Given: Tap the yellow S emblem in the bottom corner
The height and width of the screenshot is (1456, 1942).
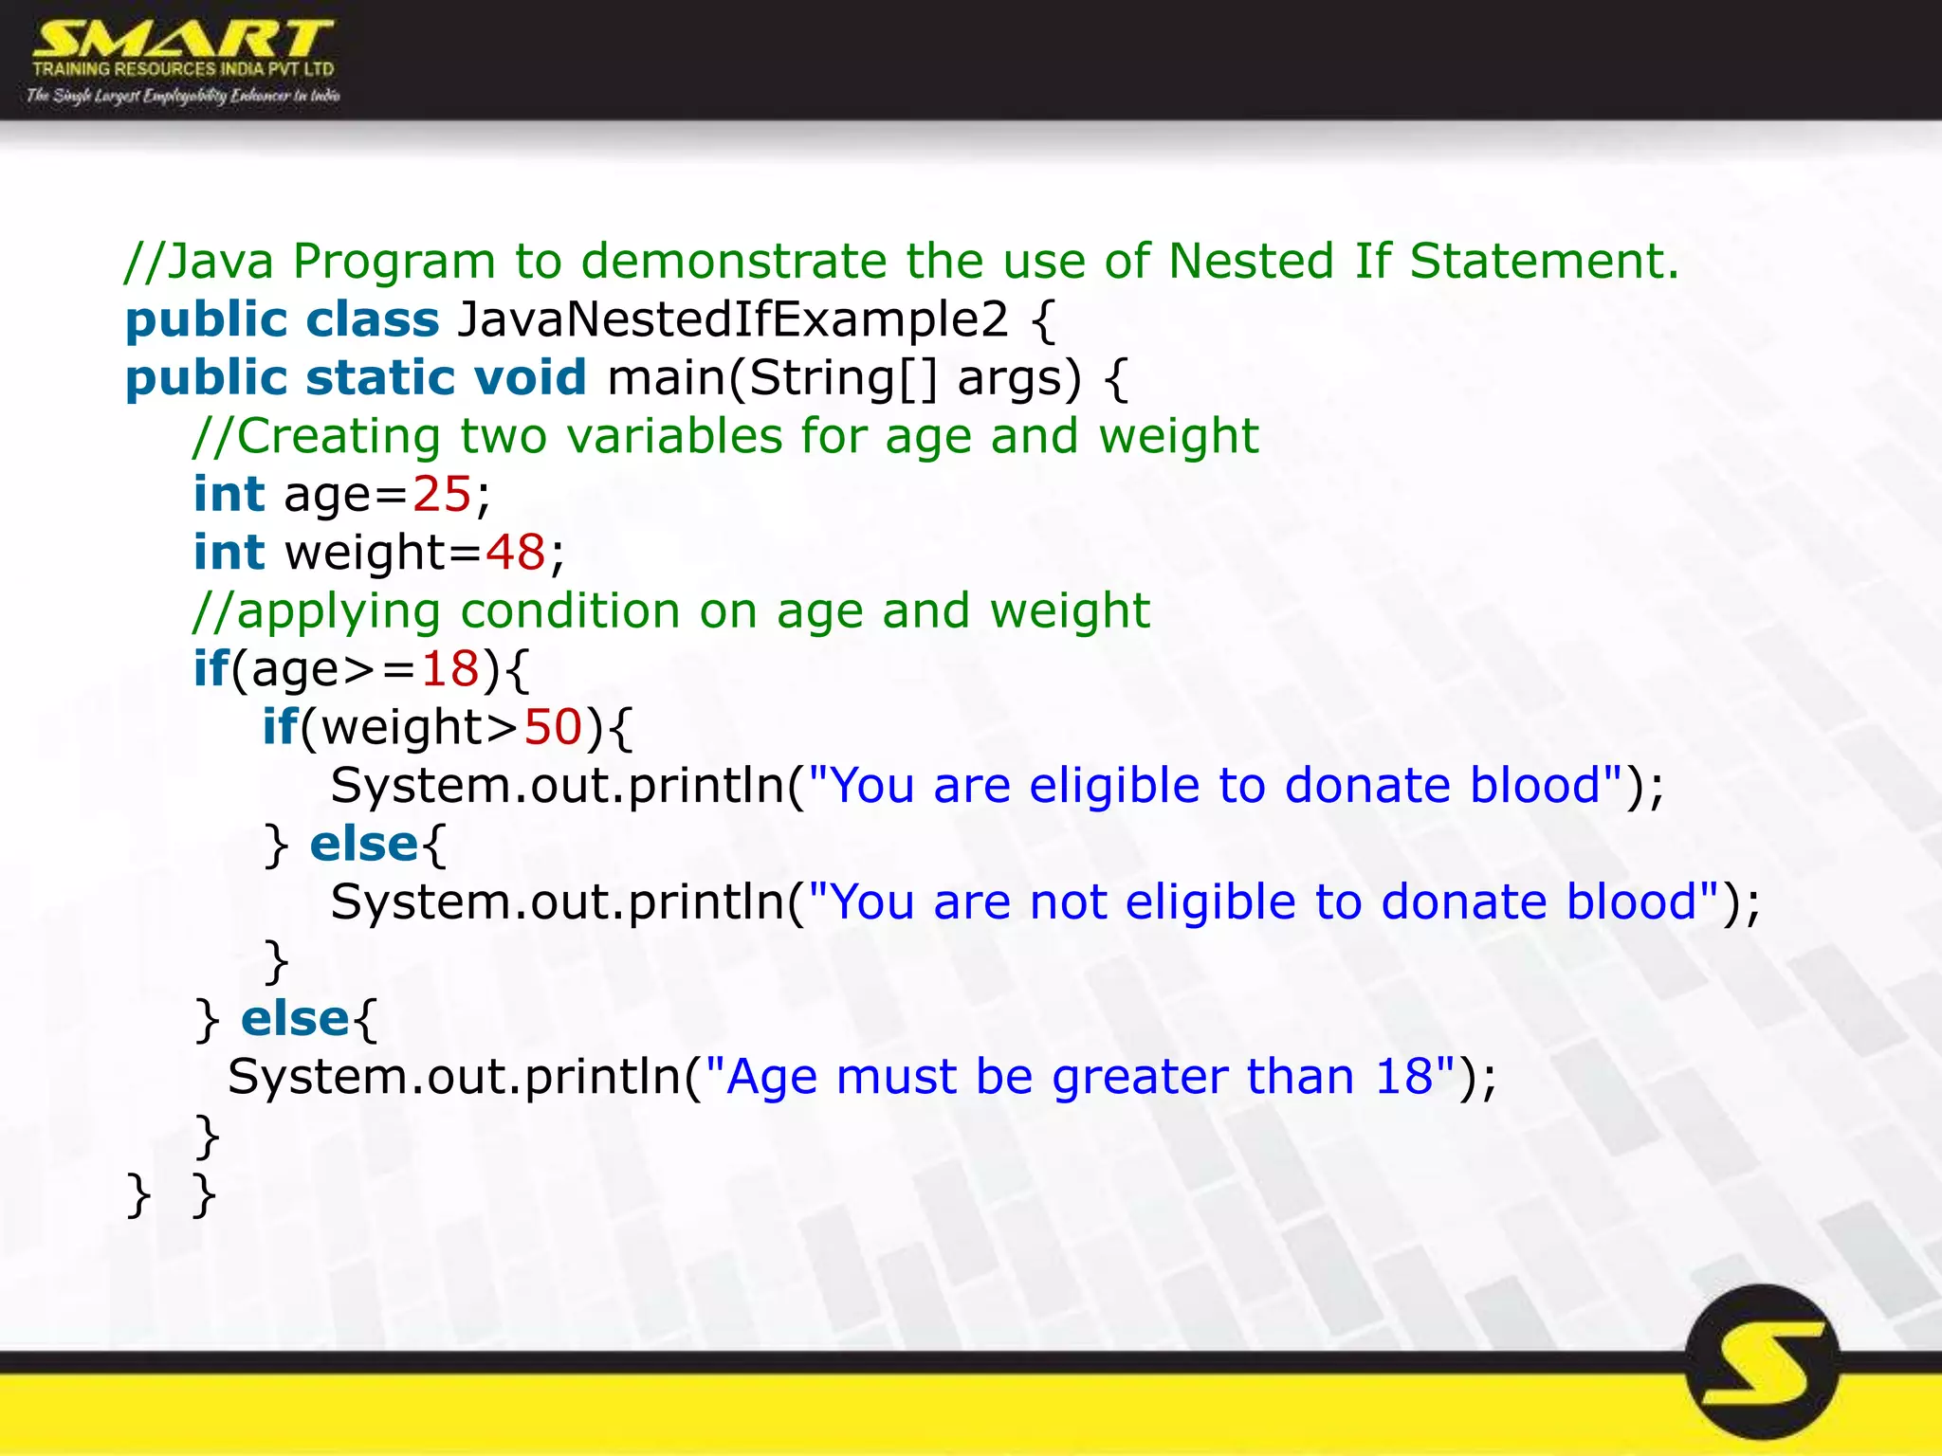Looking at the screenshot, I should tap(1762, 1363).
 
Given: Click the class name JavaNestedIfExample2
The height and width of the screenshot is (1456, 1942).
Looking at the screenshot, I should tap(732, 319).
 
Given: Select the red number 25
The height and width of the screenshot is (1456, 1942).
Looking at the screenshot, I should tap(441, 494).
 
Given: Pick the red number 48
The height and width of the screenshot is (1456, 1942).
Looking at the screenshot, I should tap(515, 553).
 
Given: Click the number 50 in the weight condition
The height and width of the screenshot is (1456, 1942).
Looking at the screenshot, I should tap(553, 727).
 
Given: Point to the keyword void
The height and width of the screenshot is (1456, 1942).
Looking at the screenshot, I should tap(530, 377).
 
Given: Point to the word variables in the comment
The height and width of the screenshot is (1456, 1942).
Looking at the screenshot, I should tap(674, 436).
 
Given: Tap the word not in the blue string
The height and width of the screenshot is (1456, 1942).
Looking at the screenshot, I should tap(1068, 901).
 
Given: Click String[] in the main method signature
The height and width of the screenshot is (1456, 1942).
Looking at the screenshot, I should tap(843, 377).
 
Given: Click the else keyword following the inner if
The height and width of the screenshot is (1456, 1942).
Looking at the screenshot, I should tap(363, 844).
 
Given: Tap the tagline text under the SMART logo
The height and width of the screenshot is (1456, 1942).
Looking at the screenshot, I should tap(182, 95).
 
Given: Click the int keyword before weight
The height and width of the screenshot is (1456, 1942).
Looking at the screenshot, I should tap(229, 553).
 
